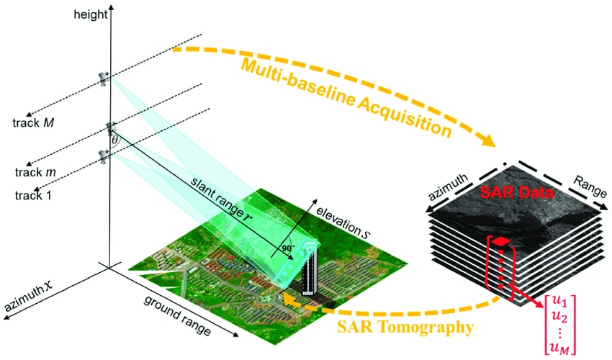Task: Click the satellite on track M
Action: tap(106, 78)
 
